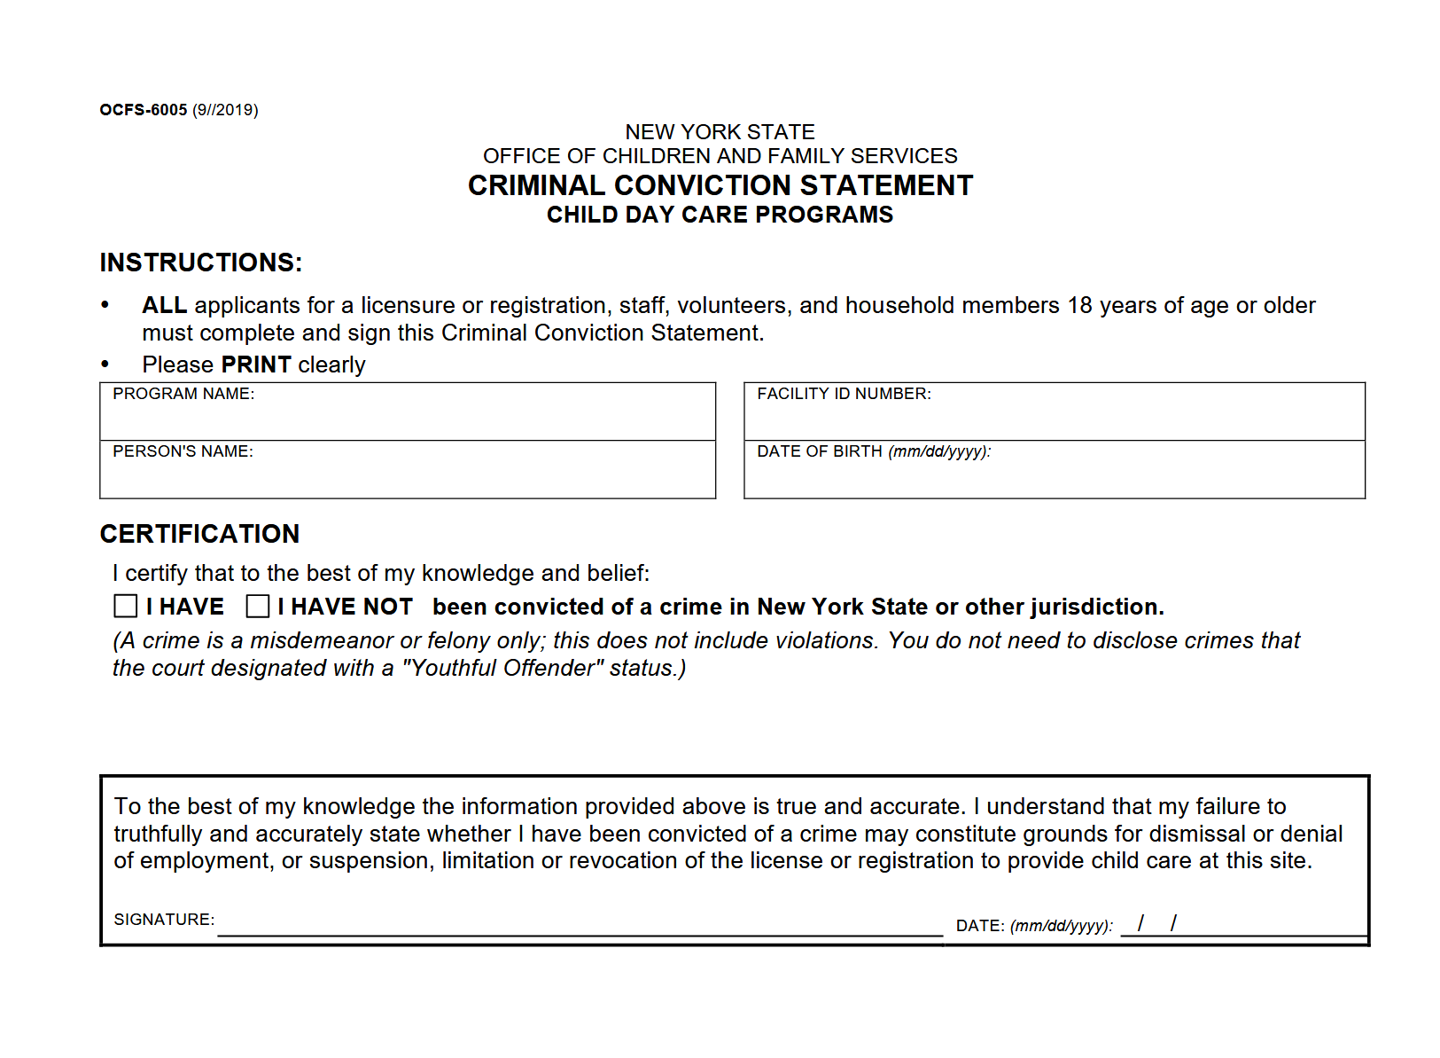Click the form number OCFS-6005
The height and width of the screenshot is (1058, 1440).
click(x=144, y=110)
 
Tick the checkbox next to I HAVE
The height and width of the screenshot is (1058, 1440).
click(x=126, y=607)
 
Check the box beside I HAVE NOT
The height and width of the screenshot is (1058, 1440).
click(x=258, y=607)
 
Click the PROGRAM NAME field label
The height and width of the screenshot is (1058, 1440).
click(x=183, y=394)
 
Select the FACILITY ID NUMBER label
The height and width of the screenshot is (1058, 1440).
click(x=844, y=394)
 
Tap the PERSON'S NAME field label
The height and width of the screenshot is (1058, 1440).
click(x=183, y=451)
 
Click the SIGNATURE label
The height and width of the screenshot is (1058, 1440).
click(x=164, y=920)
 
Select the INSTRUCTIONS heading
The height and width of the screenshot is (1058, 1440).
click(x=201, y=263)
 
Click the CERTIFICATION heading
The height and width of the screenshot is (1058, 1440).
click(x=199, y=534)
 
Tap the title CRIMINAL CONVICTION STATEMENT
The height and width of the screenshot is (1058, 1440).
click(x=720, y=185)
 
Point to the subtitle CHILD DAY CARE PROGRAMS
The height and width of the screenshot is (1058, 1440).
click(x=720, y=215)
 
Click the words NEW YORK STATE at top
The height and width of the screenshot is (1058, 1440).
click(x=720, y=132)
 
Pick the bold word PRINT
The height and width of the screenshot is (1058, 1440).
click(x=256, y=364)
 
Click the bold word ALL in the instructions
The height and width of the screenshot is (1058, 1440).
click(x=164, y=305)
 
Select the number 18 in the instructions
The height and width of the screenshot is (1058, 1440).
click(x=1079, y=305)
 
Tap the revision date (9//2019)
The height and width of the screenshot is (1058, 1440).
click(x=225, y=110)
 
